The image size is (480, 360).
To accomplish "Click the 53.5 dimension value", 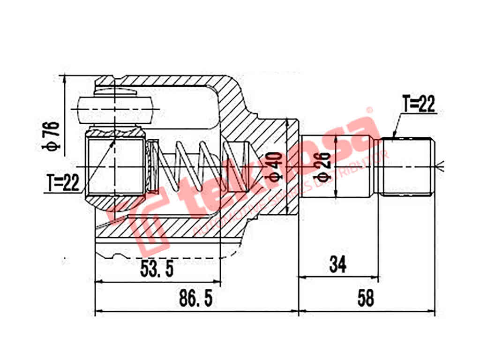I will (x=157, y=269).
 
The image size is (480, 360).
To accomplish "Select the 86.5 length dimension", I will (x=196, y=298).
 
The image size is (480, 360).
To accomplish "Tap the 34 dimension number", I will (x=337, y=265).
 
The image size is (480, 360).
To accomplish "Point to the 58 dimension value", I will (x=365, y=298).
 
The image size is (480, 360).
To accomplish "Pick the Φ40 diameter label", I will (x=276, y=166).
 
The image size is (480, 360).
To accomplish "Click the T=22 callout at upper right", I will (x=419, y=104).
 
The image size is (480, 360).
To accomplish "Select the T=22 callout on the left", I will (x=64, y=183).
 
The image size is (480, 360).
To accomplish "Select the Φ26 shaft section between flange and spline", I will (x=337, y=166).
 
